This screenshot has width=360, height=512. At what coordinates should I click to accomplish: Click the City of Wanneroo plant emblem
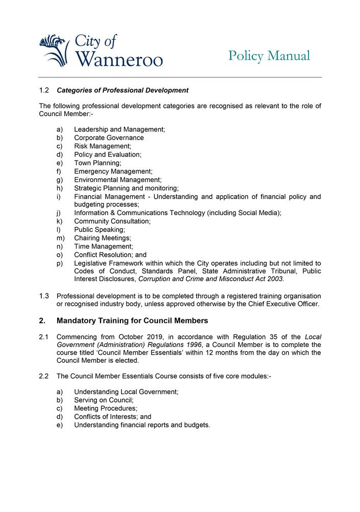click(x=54, y=50)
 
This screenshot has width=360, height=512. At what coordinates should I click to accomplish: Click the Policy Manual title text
click(x=269, y=56)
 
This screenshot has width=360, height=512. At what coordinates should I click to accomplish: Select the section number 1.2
click(x=44, y=91)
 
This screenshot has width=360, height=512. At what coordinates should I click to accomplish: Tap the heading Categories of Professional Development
click(x=122, y=91)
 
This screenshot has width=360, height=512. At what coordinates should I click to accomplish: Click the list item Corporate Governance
click(x=109, y=138)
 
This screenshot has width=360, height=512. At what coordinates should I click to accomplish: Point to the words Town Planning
click(x=97, y=163)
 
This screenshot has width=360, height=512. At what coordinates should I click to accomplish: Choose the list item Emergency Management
click(x=113, y=171)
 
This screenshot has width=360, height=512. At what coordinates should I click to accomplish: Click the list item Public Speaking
click(x=99, y=230)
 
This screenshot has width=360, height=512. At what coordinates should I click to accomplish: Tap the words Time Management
click(x=103, y=247)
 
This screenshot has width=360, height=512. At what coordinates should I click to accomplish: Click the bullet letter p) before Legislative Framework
click(x=60, y=263)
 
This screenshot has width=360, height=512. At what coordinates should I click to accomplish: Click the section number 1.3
click(x=44, y=296)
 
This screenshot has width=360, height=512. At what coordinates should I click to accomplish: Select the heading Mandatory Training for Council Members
click(x=132, y=321)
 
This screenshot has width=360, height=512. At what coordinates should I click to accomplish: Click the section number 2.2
click(x=44, y=376)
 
